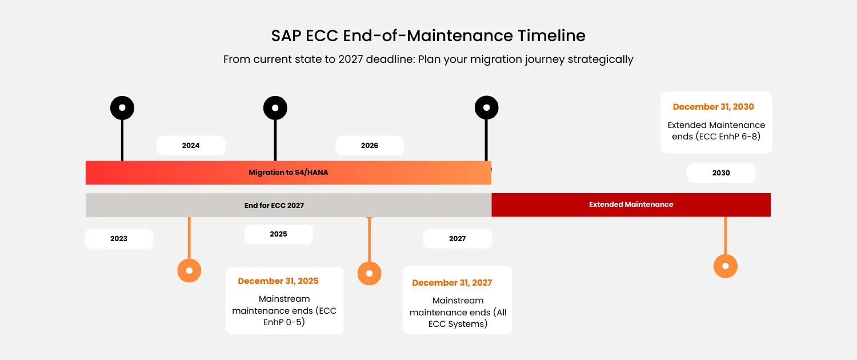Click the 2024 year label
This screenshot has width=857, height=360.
pyautogui.click(x=190, y=145)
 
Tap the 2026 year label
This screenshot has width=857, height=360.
pyautogui.click(x=369, y=145)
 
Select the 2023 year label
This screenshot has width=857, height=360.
pyautogui.click(x=119, y=239)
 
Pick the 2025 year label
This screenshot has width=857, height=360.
pyautogui.click(x=278, y=234)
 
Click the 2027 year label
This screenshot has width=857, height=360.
pyautogui.click(x=457, y=239)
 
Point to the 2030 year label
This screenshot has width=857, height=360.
pyautogui.click(x=721, y=173)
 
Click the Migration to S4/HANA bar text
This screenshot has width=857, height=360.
pyautogui.click(x=288, y=173)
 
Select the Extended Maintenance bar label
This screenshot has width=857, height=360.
pyautogui.click(x=631, y=205)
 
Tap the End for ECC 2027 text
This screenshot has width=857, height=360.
pyautogui.click(x=274, y=206)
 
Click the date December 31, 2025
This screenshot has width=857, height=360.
pyautogui.click(x=278, y=281)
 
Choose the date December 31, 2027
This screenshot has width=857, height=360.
pyautogui.click(x=452, y=283)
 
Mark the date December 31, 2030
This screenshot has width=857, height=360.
pyautogui.click(x=713, y=107)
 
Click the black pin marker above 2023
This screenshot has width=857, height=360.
pyautogui.click(x=122, y=108)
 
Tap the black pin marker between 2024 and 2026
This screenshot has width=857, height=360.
pyautogui.click(x=275, y=108)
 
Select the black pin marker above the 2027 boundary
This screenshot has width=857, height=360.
pyautogui.click(x=486, y=107)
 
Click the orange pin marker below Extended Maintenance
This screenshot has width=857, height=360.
pyautogui.click(x=726, y=266)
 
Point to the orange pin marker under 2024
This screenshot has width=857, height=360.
pyautogui.click(x=189, y=270)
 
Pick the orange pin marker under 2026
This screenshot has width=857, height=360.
pyautogui.click(x=369, y=273)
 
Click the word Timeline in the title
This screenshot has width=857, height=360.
pyautogui.click(x=551, y=35)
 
